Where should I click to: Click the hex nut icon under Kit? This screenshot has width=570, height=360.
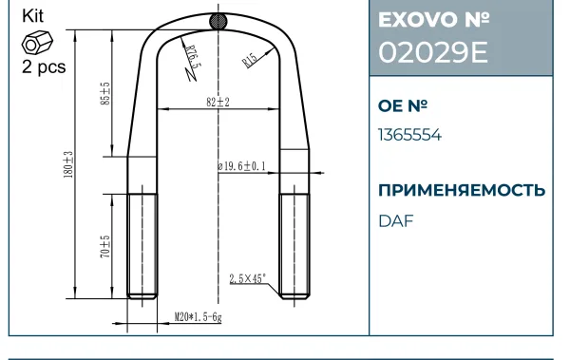[x=37, y=42]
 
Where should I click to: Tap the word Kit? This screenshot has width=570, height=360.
[x=32, y=16]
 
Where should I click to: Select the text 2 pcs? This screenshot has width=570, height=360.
[x=44, y=66]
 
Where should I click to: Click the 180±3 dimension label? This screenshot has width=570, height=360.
[x=68, y=164]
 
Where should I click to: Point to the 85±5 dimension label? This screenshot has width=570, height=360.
[x=104, y=94]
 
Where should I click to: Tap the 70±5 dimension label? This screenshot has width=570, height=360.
[x=104, y=247]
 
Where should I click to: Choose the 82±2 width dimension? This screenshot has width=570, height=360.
[x=218, y=103]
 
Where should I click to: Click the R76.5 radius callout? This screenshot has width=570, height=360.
[x=193, y=57]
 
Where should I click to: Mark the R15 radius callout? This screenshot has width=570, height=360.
[x=250, y=60]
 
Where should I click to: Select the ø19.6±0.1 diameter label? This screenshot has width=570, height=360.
[x=241, y=166]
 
